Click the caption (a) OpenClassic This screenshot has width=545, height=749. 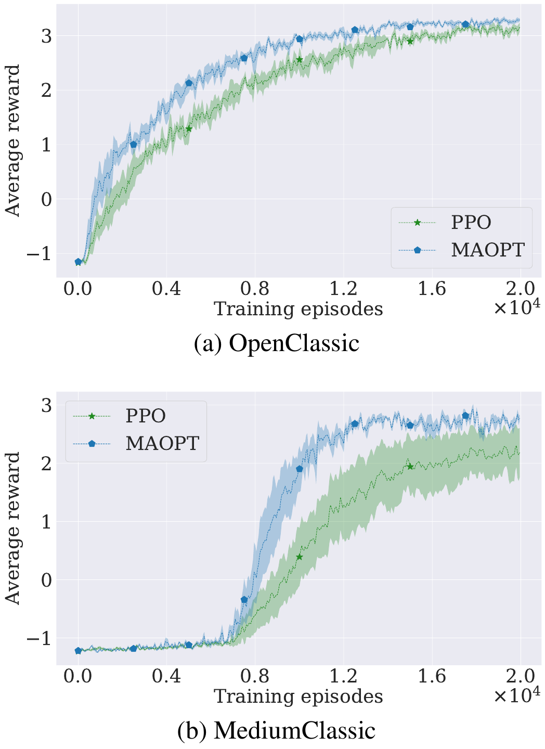276,343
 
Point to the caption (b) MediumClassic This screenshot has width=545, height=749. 276,730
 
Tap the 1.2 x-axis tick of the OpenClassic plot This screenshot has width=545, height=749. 344,288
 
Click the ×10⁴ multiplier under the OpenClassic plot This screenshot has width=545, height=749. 516,308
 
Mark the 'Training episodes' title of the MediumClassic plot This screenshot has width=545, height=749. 299,696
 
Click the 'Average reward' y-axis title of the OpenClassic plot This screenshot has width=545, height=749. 12,140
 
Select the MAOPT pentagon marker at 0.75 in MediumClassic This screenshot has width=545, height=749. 244,600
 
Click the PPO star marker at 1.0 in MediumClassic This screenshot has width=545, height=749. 300,557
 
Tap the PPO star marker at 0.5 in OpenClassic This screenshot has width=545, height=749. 189,129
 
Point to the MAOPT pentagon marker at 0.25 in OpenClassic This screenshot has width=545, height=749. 134,145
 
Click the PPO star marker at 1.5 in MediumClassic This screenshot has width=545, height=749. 410,467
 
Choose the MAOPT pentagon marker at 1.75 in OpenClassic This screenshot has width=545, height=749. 465,25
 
